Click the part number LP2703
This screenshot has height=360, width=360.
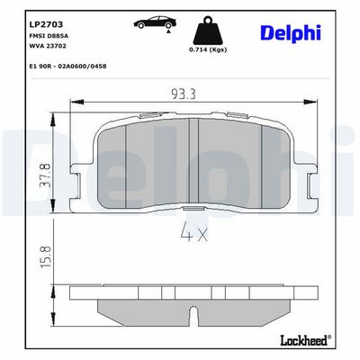[x=46, y=24]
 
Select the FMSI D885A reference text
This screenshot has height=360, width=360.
[x=49, y=36]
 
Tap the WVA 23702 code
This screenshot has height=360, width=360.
[x=48, y=46]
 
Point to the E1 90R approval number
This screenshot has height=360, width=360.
[x=67, y=66]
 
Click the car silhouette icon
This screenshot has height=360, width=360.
[x=155, y=22]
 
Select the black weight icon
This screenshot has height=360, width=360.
[x=208, y=31]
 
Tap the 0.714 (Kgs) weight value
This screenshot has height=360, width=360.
[x=208, y=49]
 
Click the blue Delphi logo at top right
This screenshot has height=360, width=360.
[x=291, y=33]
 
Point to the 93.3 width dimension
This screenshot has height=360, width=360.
[x=184, y=94]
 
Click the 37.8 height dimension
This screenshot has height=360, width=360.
[x=46, y=175]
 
